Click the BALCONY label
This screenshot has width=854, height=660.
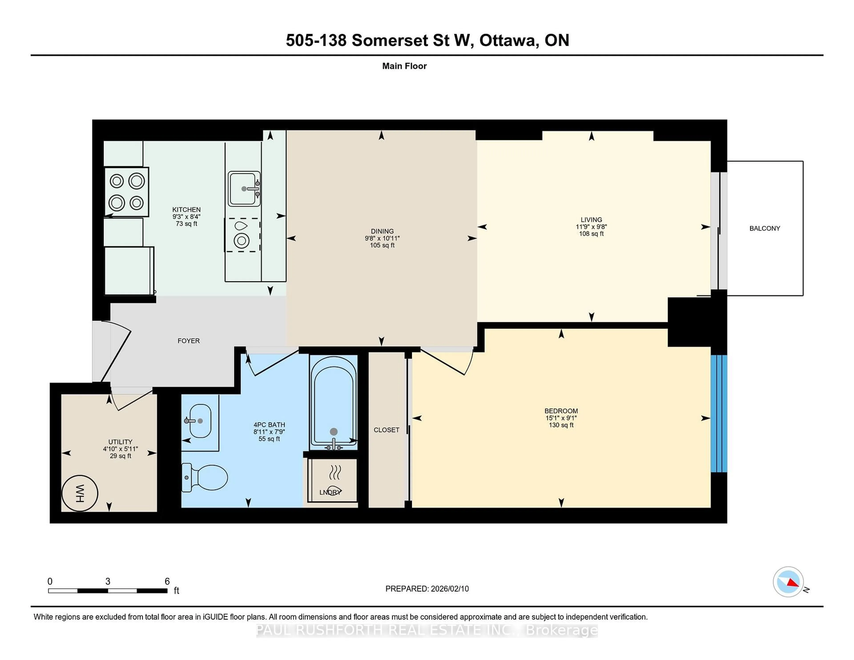764,228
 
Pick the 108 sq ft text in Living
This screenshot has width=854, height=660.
591,234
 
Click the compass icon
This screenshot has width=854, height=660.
788,582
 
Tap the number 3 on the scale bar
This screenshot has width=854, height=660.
108,582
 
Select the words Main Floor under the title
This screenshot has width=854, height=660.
404,66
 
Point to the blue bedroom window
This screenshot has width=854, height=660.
719,413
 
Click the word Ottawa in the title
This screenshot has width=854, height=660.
507,40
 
